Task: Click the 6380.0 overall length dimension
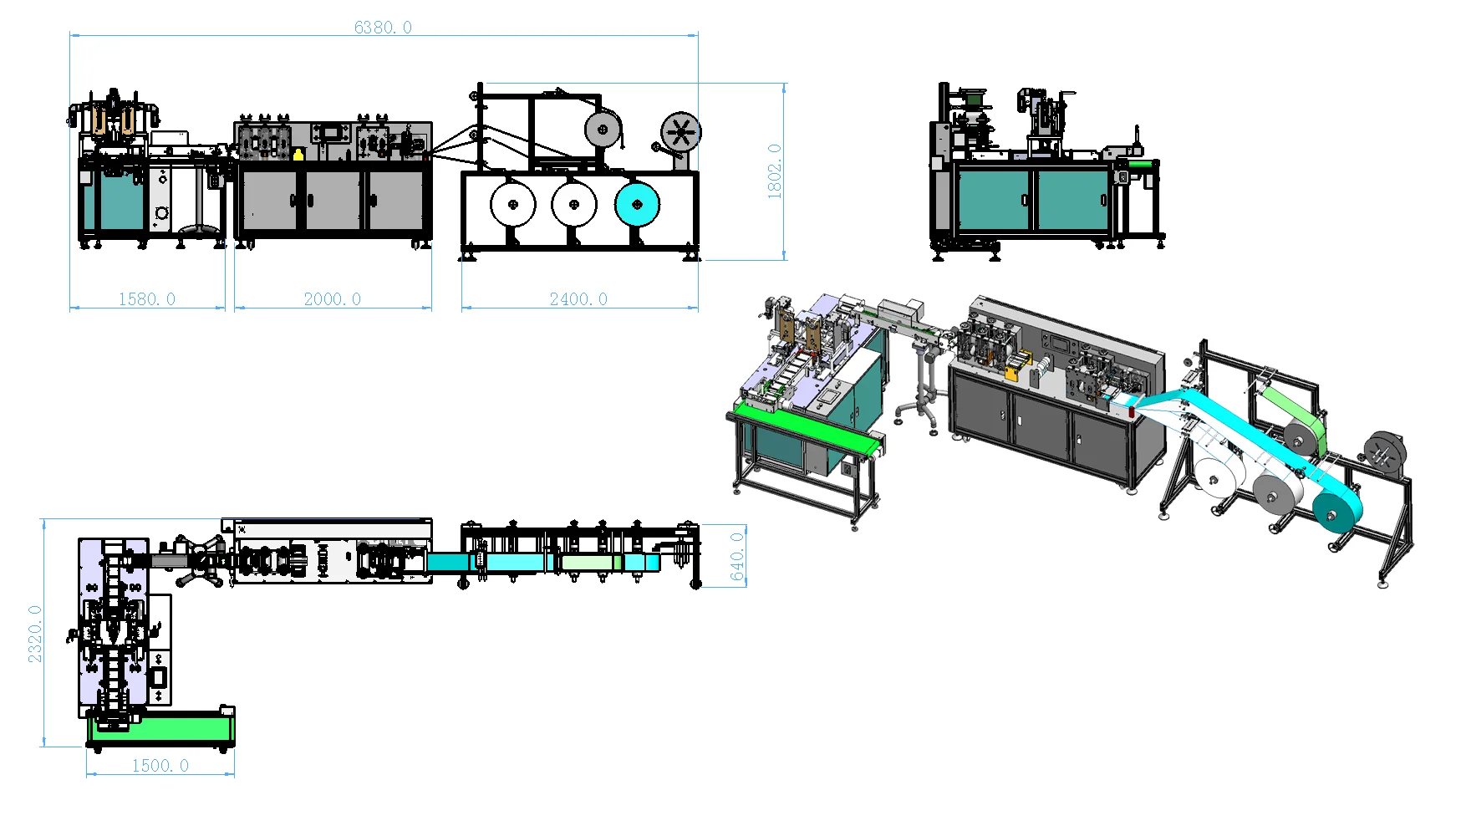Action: click(383, 28)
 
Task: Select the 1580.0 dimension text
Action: click(147, 299)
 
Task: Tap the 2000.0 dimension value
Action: click(333, 299)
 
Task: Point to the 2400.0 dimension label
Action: click(578, 299)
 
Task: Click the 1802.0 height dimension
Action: click(775, 171)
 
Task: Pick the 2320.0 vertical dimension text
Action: click(35, 634)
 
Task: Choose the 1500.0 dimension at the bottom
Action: click(160, 766)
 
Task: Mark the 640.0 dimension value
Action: click(737, 556)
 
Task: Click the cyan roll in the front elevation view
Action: click(637, 205)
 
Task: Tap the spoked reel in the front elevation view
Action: click(681, 133)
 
